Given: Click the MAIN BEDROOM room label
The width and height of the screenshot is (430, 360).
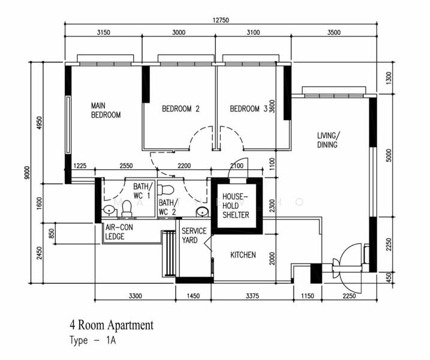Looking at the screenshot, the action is pos(106,110).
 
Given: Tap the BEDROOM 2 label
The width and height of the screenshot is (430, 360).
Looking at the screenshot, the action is pos(181,109).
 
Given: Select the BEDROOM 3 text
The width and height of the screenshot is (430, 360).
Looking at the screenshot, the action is pos(248,109).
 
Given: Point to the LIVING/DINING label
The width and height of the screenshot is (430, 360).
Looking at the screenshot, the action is pos(329,140).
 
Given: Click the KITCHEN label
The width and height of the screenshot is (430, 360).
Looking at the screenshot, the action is pos(243,255).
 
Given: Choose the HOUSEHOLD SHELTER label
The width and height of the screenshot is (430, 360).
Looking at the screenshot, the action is pos(236,206).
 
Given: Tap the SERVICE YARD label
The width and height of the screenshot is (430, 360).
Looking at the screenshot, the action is pos(194,235).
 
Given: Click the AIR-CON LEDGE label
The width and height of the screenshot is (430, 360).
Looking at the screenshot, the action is pos(119,232).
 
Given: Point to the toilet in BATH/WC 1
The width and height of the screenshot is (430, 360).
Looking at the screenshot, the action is pos(127,209).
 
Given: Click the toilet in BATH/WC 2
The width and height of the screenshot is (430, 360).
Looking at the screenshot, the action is pos(166,190).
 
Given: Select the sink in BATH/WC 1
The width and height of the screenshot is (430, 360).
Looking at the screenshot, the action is pos(109,211).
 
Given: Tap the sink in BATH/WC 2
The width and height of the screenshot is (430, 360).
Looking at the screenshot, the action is pos(202,212).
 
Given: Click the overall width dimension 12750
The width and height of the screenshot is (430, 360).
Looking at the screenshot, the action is pos(221,20).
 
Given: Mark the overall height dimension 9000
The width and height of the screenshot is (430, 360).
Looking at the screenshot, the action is pos(27,172).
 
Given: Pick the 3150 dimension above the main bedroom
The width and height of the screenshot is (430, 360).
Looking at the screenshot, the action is pos(103,32).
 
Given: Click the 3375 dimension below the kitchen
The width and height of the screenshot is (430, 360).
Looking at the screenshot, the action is pos(252,296).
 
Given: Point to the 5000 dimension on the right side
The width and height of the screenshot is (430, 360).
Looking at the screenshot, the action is pos(389,155).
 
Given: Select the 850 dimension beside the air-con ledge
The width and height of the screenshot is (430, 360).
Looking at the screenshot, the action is pos(52,233).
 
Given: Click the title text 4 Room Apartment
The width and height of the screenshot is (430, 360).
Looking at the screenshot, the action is pos(112,325).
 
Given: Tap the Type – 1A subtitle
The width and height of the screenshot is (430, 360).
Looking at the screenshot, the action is pos(93,341).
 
